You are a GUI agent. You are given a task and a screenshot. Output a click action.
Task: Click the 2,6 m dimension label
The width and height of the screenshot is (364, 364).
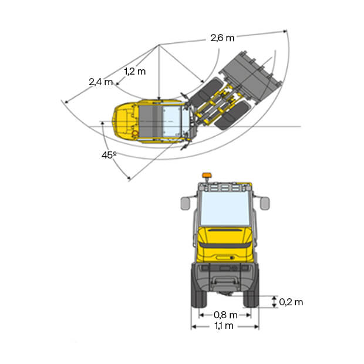(x=223, y=38)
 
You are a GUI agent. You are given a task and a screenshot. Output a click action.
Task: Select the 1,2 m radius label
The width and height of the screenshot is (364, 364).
(x=135, y=71)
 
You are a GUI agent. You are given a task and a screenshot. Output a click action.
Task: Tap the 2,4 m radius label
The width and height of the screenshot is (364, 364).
(x=101, y=82)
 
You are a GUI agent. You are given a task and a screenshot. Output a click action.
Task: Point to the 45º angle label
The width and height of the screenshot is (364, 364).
(x=109, y=155)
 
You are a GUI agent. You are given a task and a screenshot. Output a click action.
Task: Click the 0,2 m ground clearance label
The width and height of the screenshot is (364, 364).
(x=291, y=302)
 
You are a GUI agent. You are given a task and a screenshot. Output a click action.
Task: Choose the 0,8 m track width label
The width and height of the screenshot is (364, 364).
(x=225, y=315)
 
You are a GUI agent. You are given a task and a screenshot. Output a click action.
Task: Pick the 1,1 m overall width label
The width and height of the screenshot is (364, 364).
(x=224, y=326)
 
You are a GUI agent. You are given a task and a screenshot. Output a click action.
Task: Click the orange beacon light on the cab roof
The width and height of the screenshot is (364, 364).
(x=206, y=176)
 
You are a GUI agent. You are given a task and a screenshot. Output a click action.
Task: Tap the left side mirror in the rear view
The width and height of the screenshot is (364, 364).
(x=186, y=203)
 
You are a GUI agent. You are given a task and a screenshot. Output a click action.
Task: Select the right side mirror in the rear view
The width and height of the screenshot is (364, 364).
(x=265, y=203)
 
